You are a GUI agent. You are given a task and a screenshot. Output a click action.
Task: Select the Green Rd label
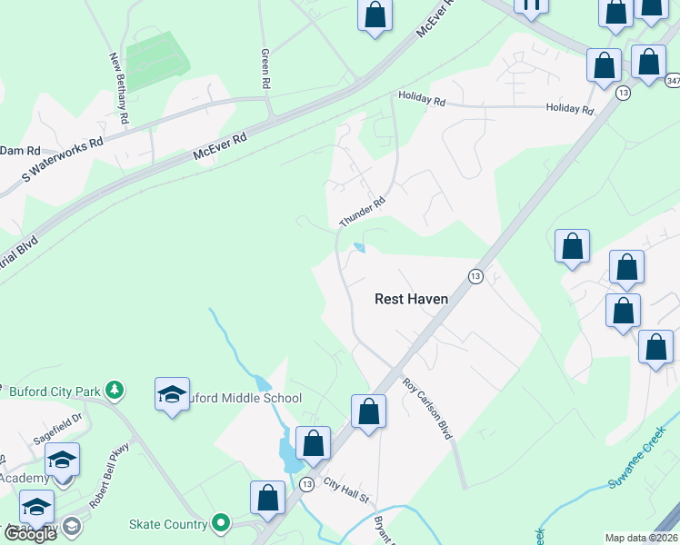pyautogui.click(x=265, y=68)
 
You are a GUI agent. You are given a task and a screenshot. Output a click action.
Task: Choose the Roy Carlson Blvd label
pyautogui.click(x=427, y=409)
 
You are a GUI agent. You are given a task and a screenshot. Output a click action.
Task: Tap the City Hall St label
pyautogui.click(x=345, y=497)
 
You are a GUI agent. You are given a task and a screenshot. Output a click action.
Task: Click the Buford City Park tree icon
pyautogui.click(x=114, y=391)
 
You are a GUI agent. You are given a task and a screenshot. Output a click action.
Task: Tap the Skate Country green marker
pyautogui.click(x=220, y=522)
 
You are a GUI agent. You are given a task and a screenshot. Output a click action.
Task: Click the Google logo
pyautogui.click(x=30, y=533)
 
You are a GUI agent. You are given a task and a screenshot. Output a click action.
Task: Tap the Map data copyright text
pyautogui.click(x=642, y=538)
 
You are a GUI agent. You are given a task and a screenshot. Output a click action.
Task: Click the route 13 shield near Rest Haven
pyautogui.click(x=475, y=276)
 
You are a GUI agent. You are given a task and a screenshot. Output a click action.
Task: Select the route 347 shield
pyautogui.click(x=672, y=81)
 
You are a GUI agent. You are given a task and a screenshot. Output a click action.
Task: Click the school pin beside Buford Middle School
pyautogui.click(x=173, y=394)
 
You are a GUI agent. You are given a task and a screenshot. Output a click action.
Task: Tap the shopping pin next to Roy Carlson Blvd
pyautogui.click(x=369, y=411)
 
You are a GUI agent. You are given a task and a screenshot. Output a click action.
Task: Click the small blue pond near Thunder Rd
pyautogui.click(x=359, y=247)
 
